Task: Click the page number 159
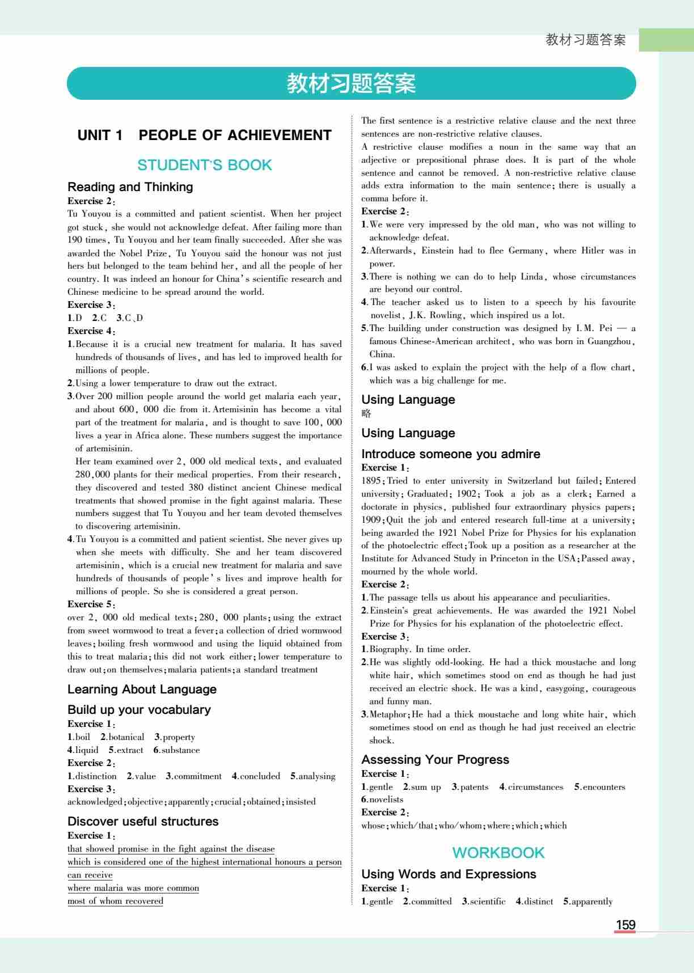pos(625,925)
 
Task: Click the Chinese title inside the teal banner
pos(351,83)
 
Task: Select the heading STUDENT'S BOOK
pos(205,165)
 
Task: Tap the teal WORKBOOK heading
pos(498,852)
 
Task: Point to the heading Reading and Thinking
pos(130,187)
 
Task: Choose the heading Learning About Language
pos(142,689)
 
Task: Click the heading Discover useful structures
pos(143,821)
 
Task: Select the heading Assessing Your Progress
pos(435,759)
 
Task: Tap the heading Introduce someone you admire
pos(450,454)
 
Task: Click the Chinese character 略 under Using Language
pos(366,413)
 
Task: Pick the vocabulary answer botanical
pos(126,737)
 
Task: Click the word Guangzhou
pos(609,341)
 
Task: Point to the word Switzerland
pos(530,480)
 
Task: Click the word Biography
pos(390,649)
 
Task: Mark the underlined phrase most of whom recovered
pos(115,901)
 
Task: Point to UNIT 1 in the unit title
pos(100,135)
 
